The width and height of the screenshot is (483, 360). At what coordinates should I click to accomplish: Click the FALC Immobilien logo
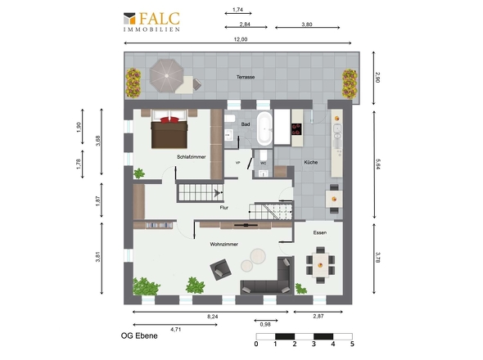tap(151, 21)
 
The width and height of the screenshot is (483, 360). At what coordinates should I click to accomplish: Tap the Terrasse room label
tap(246, 77)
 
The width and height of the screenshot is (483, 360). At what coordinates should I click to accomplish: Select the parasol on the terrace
tap(166, 76)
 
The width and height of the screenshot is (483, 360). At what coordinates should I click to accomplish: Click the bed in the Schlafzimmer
tap(169, 129)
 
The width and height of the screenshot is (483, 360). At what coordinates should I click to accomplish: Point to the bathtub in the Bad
tap(264, 128)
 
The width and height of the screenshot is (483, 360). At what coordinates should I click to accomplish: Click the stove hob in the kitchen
tap(297, 129)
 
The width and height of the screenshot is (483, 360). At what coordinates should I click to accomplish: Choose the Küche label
tap(311, 162)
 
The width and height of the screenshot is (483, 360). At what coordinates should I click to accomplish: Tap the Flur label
tap(224, 208)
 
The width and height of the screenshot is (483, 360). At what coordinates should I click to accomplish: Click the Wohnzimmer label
tap(224, 244)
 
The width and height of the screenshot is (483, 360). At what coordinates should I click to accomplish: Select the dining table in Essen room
tap(320, 265)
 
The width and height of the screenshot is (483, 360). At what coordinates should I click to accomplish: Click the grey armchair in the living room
tap(220, 269)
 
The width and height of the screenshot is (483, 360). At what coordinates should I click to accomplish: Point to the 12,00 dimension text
tap(241, 39)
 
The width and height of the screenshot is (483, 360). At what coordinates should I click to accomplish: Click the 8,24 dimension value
tap(213, 317)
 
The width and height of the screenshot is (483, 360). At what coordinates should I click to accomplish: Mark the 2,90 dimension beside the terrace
tap(377, 78)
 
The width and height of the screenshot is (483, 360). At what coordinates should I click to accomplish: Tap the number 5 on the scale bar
tap(352, 344)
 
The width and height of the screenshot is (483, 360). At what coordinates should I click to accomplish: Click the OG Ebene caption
tap(139, 335)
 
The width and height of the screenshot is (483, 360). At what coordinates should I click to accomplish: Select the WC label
tap(264, 163)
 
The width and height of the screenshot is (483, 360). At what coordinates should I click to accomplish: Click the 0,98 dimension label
tap(265, 325)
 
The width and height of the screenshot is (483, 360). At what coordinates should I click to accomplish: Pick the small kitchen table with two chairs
tap(334, 199)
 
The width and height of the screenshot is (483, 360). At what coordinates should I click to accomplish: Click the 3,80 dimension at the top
tap(307, 25)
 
